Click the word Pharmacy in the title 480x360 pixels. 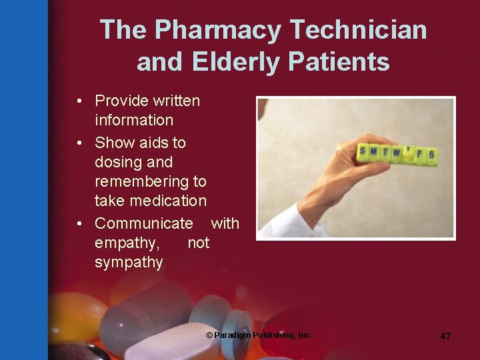[219, 31]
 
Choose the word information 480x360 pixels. [134, 120]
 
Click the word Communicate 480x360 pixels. [143, 223]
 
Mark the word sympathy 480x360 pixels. [129, 262]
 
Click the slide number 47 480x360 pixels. [445, 336]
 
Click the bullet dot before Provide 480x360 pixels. [79, 101]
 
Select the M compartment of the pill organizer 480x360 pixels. [373, 151]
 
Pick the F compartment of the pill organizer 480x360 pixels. [420, 154]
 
